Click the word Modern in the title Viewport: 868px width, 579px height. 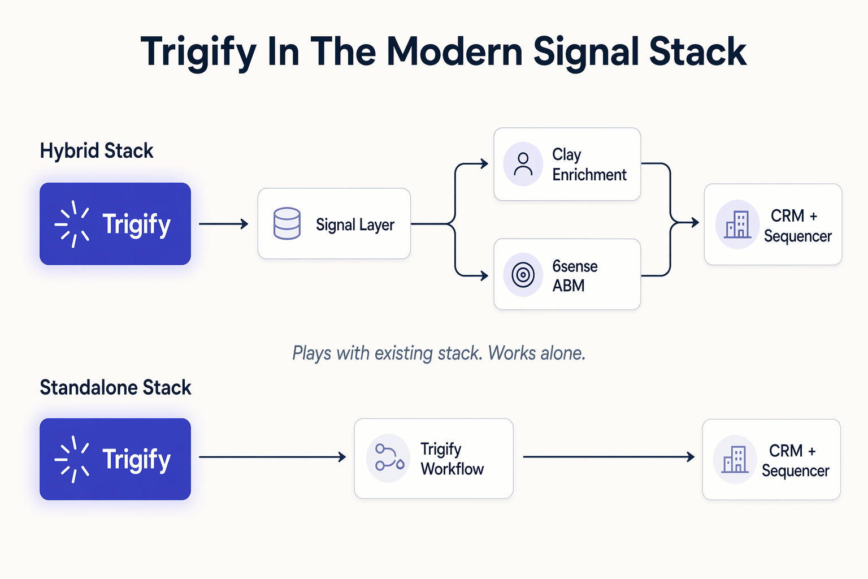coord(455,52)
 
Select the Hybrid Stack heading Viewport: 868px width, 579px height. coord(97,151)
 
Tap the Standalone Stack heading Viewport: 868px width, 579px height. coord(115,388)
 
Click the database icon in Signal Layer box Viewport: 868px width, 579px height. coord(287,223)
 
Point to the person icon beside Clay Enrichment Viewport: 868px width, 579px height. coord(523,164)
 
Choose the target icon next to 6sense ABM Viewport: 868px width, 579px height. coord(523,275)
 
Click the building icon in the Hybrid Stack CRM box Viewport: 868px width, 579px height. coord(737,224)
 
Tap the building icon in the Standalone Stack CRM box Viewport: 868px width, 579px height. coord(735,459)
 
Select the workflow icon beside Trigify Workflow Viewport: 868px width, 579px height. coord(389,457)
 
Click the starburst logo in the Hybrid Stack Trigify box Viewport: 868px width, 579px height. coord(72,224)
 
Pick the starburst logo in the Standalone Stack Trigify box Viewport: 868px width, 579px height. coord(72,459)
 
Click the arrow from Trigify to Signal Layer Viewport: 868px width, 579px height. coord(224,224)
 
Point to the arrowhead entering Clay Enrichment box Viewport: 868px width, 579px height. coord(484,164)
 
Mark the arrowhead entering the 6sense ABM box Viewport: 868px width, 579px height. coord(484,276)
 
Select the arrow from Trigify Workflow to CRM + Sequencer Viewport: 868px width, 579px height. coord(608,457)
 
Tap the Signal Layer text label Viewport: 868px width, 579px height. coord(355,225)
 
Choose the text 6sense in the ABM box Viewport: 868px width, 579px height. coord(575,266)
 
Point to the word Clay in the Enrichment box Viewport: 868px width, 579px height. coord(566,155)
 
